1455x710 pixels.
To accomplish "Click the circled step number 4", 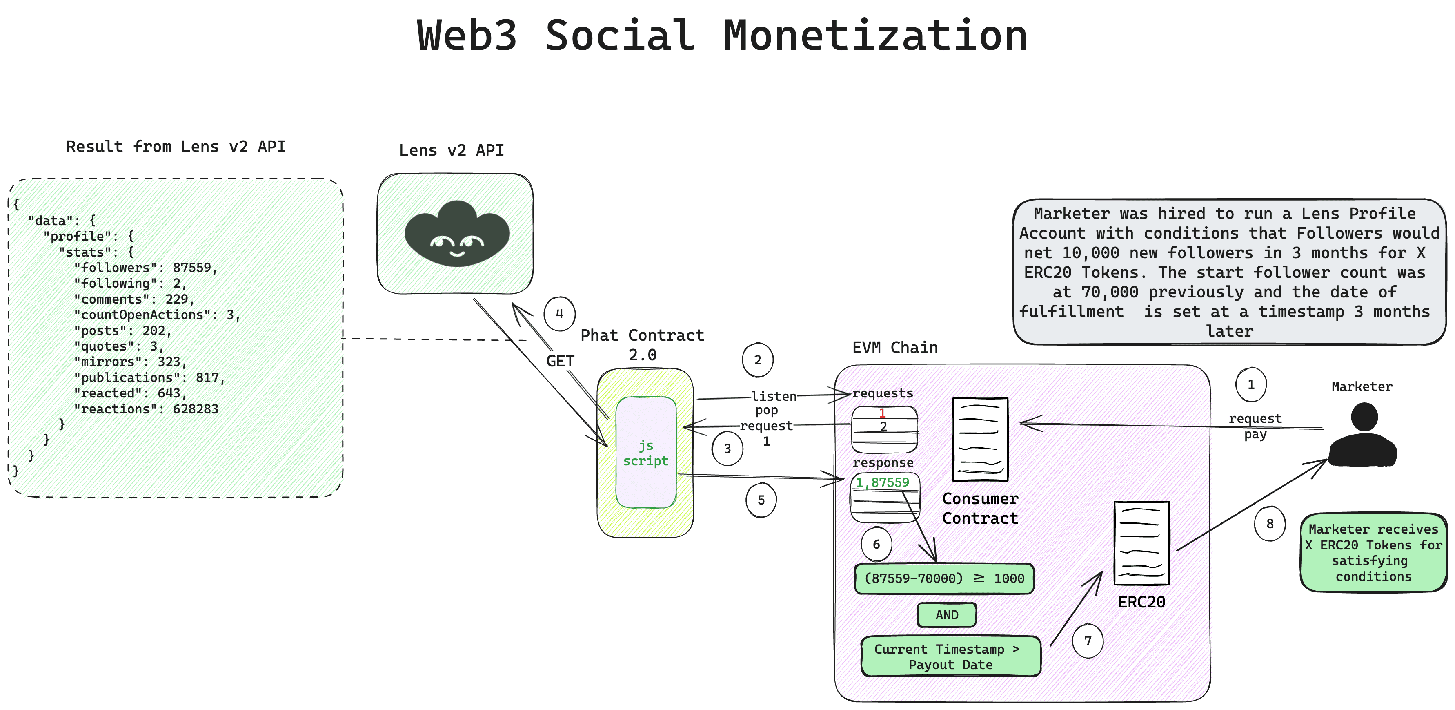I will coord(559,314).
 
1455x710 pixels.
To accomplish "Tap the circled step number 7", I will coord(1087,641).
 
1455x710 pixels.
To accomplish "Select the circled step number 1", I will coord(1250,384).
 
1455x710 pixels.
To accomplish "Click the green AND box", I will coord(947,615).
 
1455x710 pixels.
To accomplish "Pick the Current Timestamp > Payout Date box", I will coord(950,657).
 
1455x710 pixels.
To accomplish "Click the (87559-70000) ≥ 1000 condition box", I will coord(944,578).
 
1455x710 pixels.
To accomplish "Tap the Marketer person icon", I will coord(1363,435).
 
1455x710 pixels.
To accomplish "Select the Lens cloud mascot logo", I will coord(457,233).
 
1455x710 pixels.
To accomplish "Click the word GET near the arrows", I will coord(560,361).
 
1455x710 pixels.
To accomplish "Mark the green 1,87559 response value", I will coord(882,482).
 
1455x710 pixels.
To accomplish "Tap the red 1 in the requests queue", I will coord(882,413).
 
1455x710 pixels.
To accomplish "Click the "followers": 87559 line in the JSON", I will coord(145,268).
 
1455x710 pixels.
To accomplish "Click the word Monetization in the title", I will coord(875,36).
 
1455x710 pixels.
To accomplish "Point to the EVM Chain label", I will coord(895,348).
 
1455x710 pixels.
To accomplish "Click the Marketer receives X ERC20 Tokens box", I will coord(1373,553).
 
